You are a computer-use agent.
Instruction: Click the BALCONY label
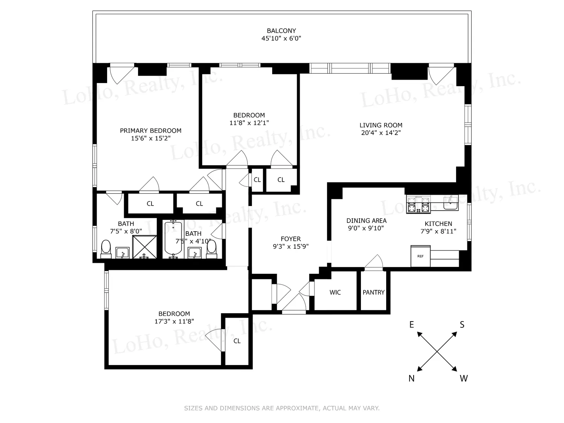[281, 31]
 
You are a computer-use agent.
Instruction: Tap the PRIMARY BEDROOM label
[150, 131]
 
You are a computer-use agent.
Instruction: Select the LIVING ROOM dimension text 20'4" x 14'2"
[381, 133]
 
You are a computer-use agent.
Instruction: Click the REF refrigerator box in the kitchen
[420, 256]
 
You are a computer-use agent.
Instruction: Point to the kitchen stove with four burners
[418, 205]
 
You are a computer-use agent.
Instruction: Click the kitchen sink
[451, 203]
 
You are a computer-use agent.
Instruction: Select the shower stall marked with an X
[144, 247]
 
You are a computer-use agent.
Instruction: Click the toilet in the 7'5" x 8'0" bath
[106, 249]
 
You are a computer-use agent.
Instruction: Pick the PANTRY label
[373, 292]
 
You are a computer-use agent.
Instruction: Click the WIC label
[335, 292]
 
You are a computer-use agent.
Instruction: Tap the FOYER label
[291, 239]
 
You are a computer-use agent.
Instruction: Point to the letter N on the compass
[411, 378]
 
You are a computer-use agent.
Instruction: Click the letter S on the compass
[462, 324]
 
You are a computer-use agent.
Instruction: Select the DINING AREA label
[366, 221]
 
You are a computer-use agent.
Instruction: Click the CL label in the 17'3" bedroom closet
[237, 341]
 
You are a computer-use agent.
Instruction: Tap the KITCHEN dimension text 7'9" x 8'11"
[438, 231]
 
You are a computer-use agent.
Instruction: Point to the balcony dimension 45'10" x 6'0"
[281, 38]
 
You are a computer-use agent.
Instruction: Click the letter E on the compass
[412, 324]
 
